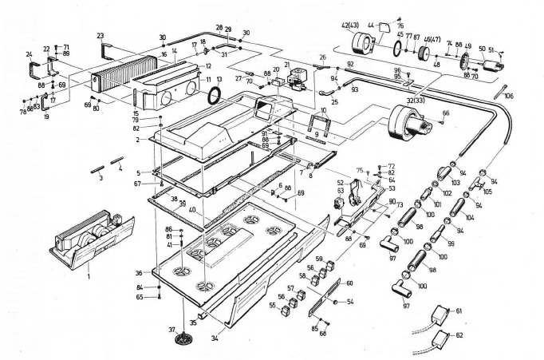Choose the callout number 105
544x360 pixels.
[488, 192]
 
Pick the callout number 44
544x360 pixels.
[372, 26]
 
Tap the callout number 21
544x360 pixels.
[287, 64]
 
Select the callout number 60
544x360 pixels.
[349, 283]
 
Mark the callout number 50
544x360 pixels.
[481, 49]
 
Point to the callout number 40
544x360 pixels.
[193, 210]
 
